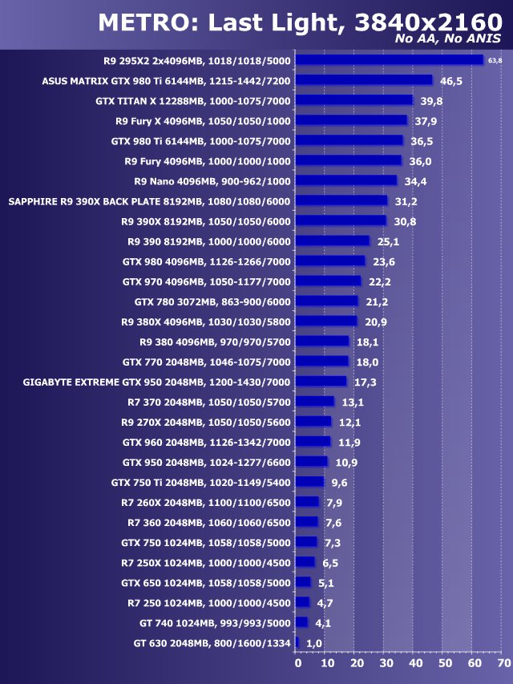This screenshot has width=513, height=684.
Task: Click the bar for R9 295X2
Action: tap(390, 60)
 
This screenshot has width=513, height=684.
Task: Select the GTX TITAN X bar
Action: tap(353, 100)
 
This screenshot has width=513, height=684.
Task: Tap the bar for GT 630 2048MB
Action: tap(297, 642)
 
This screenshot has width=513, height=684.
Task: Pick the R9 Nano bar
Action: tap(346, 180)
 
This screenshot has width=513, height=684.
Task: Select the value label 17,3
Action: tap(366, 382)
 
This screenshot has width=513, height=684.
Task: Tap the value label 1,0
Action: tap(314, 643)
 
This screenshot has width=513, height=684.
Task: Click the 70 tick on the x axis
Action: tap(503, 664)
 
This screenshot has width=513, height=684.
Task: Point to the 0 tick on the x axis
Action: tap(297, 664)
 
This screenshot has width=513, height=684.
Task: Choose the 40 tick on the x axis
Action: tap(415, 664)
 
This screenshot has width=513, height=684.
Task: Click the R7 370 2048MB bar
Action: tap(315, 402)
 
